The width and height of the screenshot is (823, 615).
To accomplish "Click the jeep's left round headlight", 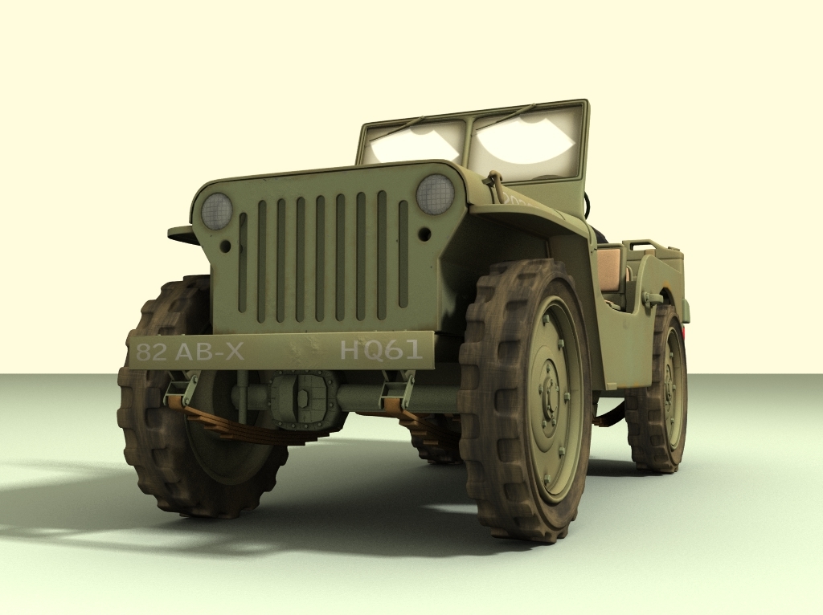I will [216, 211].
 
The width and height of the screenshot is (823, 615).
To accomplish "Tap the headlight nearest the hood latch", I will [435, 194].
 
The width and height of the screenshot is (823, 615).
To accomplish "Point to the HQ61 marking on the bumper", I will [380, 349].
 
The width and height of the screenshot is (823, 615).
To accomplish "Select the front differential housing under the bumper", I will [305, 398].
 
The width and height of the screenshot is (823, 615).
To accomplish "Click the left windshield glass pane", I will [416, 143].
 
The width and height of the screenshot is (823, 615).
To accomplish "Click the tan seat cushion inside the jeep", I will [608, 269].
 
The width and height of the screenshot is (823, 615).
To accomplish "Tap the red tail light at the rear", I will [683, 328].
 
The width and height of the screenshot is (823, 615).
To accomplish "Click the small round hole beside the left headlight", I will [225, 246].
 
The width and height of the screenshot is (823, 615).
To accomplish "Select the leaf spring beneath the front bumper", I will [241, 430].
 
